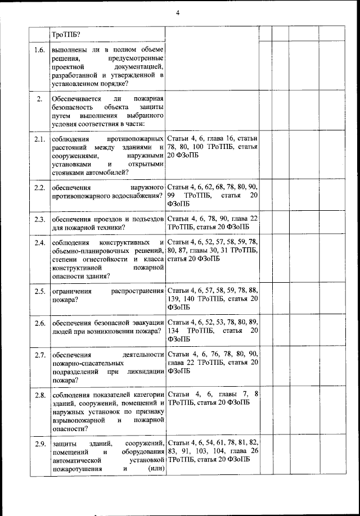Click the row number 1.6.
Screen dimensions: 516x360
39,50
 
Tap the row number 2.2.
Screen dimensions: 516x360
39,187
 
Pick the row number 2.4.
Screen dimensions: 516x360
39,243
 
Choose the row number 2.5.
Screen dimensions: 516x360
39,291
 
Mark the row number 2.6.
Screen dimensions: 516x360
39,323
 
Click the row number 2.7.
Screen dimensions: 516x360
39,355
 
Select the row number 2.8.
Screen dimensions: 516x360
39,395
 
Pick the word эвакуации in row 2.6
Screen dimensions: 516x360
147,323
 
